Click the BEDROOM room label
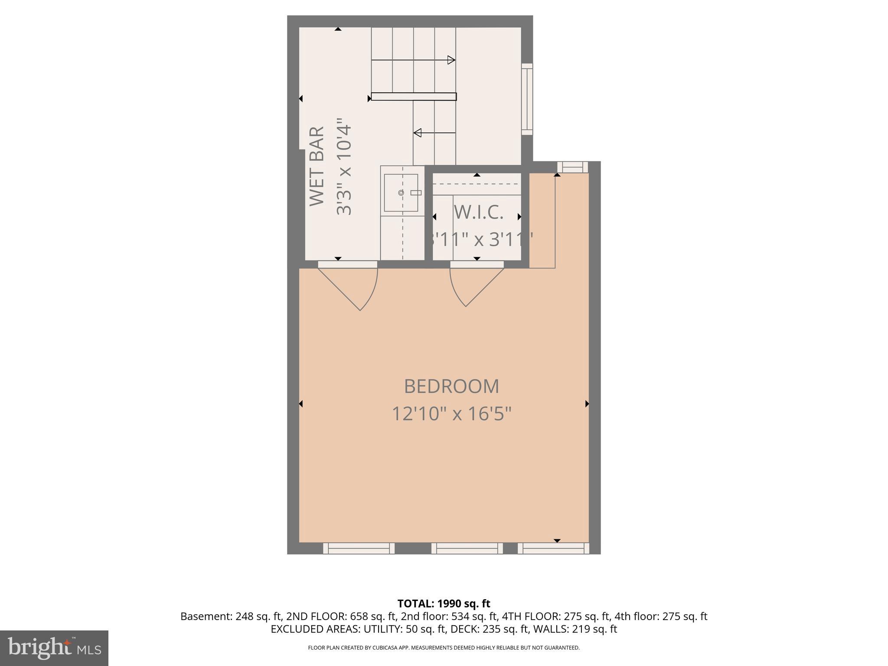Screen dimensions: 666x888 click(x=451, y=386)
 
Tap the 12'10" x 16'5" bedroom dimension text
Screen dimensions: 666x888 click(x=451, y=414)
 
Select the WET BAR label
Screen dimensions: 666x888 click(x=317, y=166)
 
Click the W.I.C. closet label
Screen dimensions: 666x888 click(x=478, y=212)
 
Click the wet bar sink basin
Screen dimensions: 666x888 click(x=401, y=193)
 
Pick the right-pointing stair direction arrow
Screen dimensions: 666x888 click(x=451, y=60)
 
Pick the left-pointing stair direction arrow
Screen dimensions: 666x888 click(x=418, y=133)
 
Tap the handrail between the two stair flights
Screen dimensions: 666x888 click(x=414, y=97)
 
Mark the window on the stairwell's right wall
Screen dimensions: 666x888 click(x=527, y=99)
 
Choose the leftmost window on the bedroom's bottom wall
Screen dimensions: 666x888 click(x=359, y=548)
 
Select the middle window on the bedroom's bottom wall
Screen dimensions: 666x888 click(x=467, y=548)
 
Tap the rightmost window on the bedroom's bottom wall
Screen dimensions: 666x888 click(x=553, y=548)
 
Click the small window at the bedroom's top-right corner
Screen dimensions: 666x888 click(x=572, y=167)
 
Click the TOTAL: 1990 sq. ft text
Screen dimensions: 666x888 click(x=444, y=604)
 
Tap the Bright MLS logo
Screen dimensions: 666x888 click(x=54, y=648)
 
